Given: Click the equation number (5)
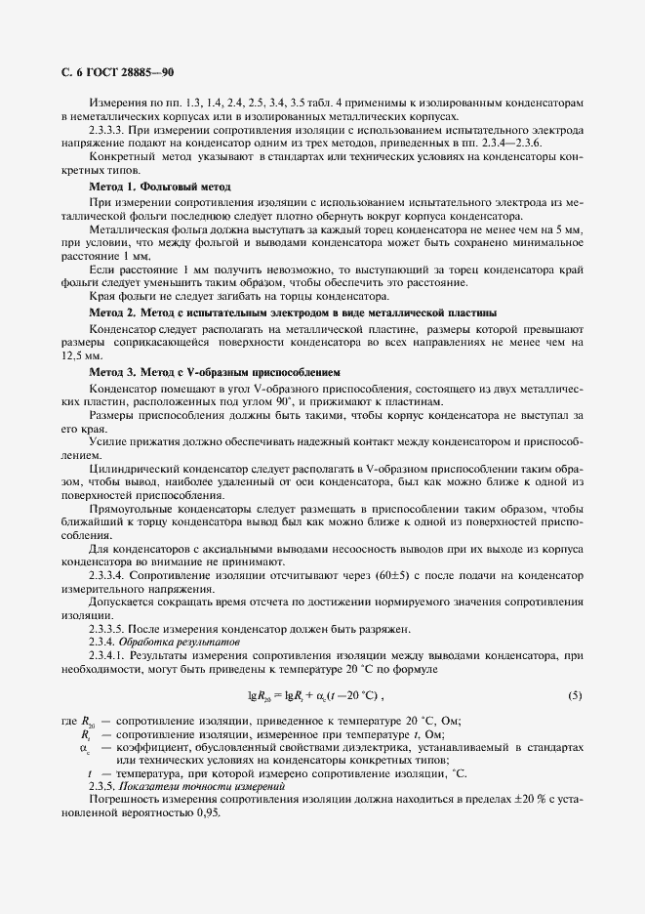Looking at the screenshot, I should pos(575,695).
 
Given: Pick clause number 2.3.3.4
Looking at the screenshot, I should pos(110,576).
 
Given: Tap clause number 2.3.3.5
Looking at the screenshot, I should pos(110,627).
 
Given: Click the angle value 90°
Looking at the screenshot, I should pos(289,401).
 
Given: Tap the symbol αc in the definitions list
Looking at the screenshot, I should pos(84,748).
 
